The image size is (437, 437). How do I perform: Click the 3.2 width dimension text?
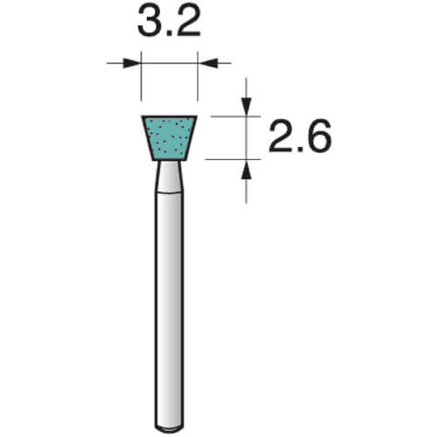point(169,21)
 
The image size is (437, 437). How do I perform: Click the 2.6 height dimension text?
point(300,135)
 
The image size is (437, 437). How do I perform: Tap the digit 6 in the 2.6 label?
point(320,135)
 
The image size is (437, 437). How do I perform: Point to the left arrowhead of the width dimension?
point(130,63)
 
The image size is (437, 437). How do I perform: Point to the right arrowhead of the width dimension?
point(208,63)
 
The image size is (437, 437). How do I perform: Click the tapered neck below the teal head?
point(169,177)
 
